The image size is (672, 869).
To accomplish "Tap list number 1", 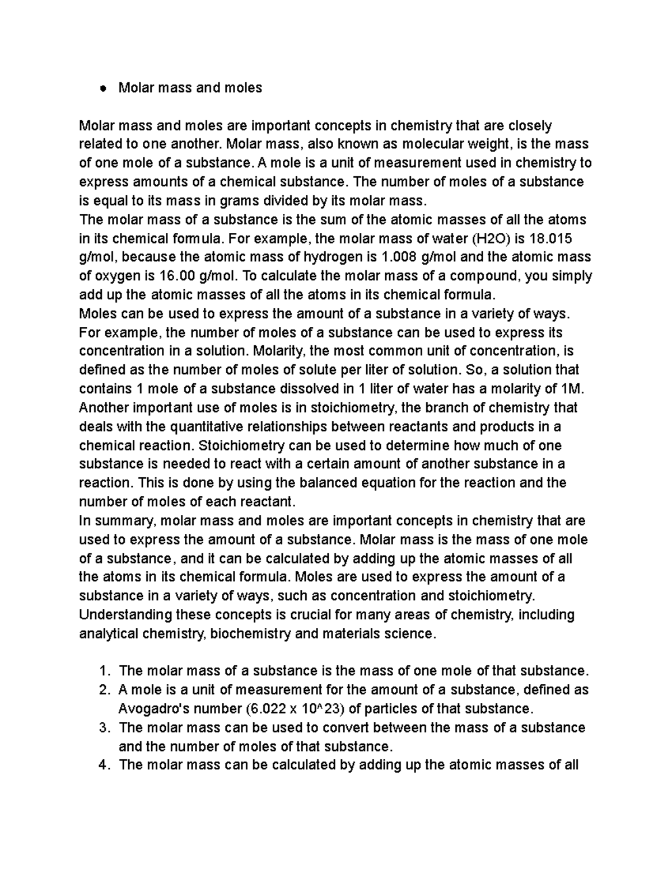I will point(102,671).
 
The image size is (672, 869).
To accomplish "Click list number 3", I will point(102,728).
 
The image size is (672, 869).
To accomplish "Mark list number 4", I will point(102,765).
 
